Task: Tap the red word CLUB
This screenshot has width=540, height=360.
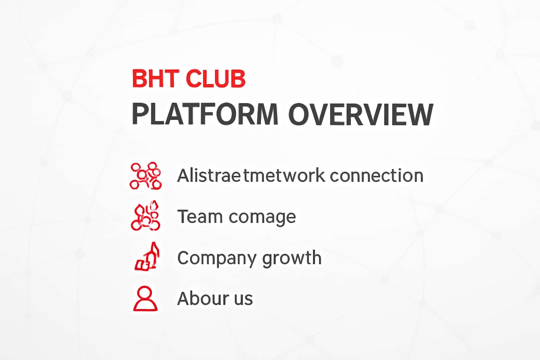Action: tap(215, 79)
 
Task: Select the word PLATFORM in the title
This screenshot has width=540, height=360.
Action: tap(205, 114)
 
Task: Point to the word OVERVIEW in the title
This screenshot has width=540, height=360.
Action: tap(361, 114)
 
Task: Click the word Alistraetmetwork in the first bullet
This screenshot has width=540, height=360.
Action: tap(251, 175)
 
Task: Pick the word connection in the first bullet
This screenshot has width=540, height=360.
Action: tap(377, 175)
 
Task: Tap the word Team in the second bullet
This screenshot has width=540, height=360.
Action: tap(200, 216)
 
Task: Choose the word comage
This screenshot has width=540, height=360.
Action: tap(262, 217)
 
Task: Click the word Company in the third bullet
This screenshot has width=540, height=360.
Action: tap(217, 258)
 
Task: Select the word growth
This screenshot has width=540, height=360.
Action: tap(292, 258)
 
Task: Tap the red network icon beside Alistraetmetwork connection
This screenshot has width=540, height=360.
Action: tap(146, 175)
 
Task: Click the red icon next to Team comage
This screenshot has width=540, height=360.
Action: tap(146, 216)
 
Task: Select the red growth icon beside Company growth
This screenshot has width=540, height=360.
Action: tap(147, 257)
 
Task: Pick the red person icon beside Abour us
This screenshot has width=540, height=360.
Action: tap(145, 298)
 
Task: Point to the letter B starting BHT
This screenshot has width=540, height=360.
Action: tap(138, 79)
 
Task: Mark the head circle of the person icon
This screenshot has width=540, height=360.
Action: tap(145, 293)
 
